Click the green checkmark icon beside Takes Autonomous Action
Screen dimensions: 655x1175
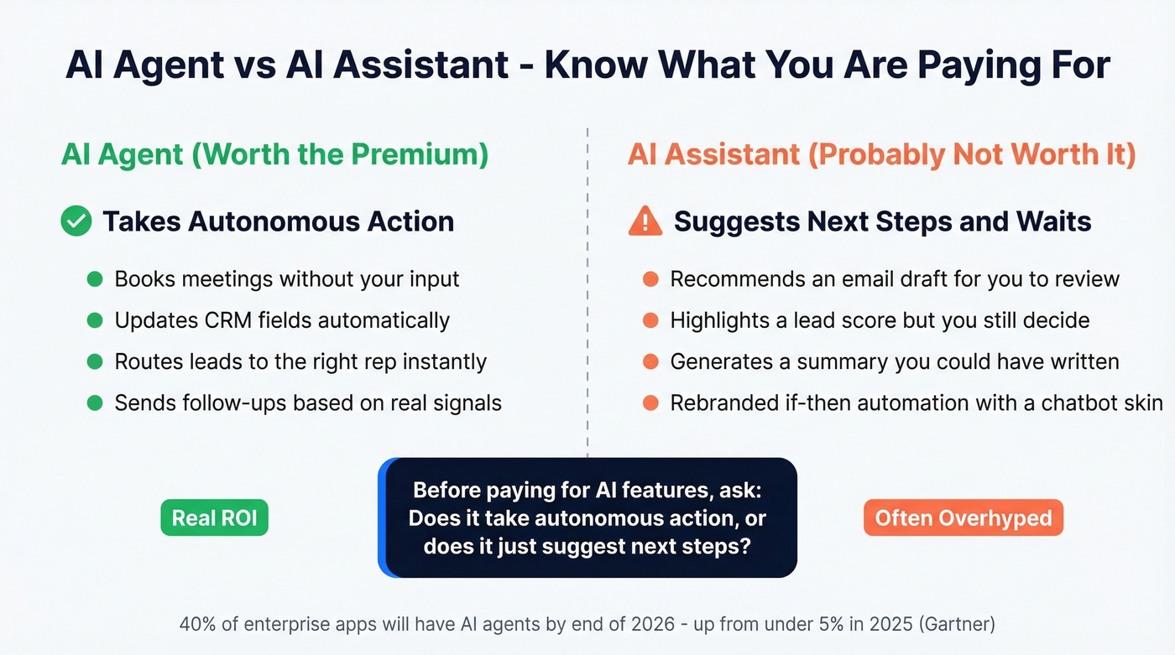(76, 221)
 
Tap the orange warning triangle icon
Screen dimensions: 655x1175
(645, 221)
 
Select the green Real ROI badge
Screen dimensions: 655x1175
(215, 518)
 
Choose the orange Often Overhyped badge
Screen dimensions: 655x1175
(963, 518)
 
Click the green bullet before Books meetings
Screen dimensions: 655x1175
(95, 279)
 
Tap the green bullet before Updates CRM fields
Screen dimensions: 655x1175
(95, 320)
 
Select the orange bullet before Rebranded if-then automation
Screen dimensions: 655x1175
(650, 403)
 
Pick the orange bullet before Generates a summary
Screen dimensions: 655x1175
(650, 362)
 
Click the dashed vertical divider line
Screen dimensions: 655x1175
(587, 294)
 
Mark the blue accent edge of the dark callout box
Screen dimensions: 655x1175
(383, 517)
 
